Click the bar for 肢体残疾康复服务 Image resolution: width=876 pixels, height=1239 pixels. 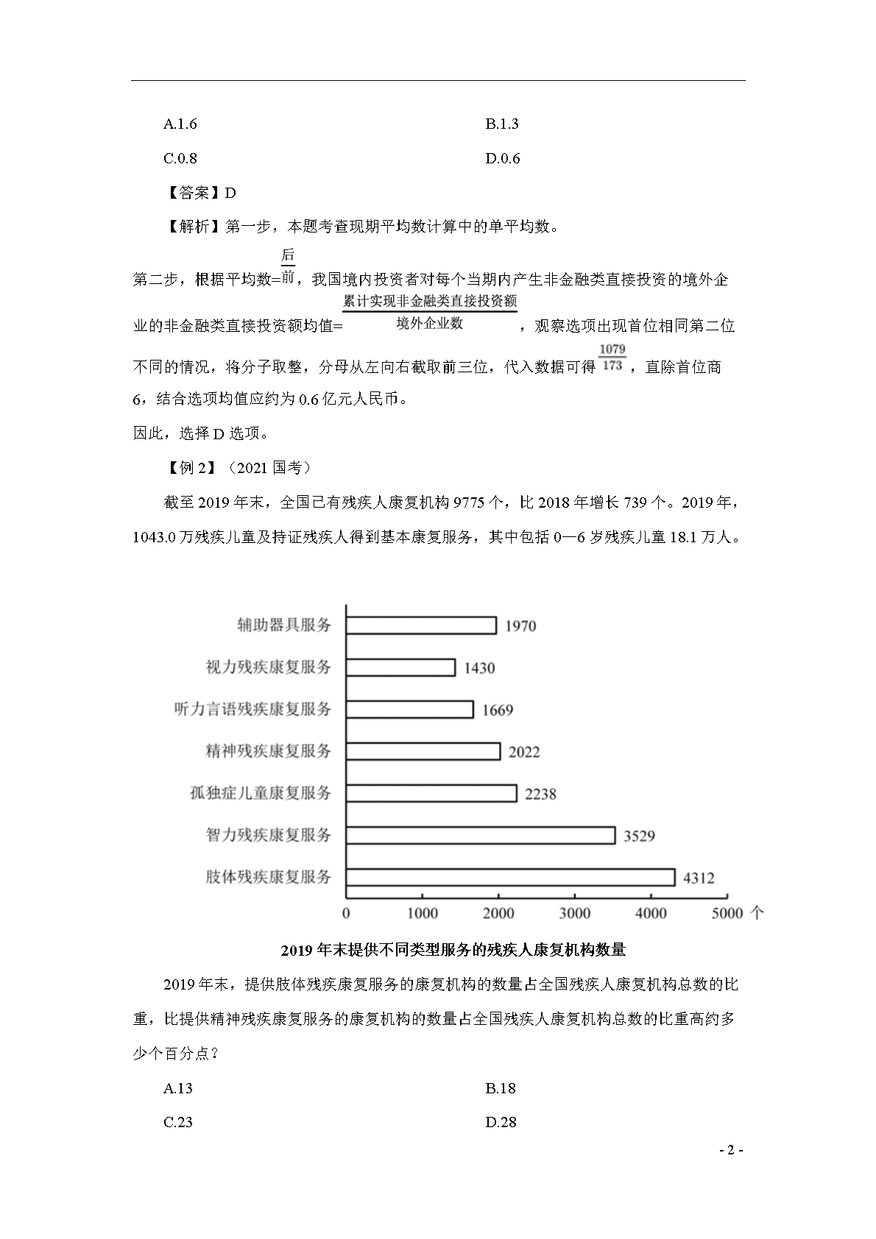(510, 877)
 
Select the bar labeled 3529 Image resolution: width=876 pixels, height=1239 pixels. (480, 835)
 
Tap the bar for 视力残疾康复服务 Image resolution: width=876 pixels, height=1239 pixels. (400, 667)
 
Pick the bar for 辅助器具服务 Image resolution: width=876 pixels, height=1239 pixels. (421, 625)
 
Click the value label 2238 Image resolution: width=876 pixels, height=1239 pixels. (540, 794)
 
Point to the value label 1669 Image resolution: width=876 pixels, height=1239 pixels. (498, 710)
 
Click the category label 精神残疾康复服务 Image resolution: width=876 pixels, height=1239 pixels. (268, 751)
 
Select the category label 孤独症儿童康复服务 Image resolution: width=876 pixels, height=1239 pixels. (260, 793)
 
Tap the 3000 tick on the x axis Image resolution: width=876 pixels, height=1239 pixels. (575, 913)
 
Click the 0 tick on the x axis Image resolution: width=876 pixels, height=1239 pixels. (346, 913)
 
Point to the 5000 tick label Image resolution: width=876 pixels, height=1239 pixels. (727, 913)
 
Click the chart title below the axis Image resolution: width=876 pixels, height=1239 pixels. (453, 950)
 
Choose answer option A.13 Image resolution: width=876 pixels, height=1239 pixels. (178, 1088)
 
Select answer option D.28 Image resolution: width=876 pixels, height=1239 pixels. (501, 1122)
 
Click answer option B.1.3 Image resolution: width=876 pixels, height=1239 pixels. (502, 124)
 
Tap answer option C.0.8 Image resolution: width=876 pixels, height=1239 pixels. (180, 158)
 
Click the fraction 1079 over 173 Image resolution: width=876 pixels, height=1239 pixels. (612, 357)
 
